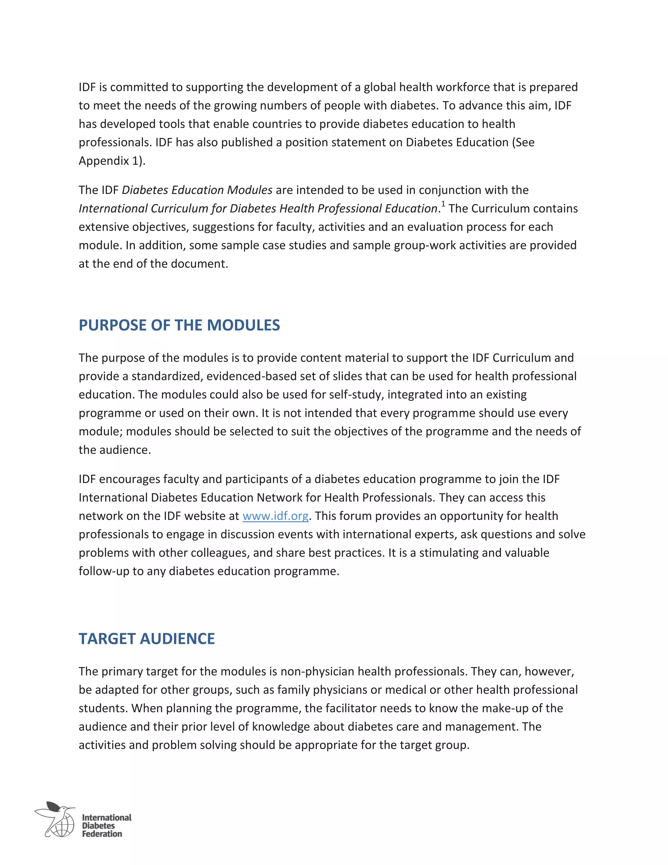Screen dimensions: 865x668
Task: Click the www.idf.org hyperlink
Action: (275, 516)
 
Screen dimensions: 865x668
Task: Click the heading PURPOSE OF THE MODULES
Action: (179, 325)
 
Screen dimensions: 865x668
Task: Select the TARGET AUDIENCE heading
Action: (146, 639)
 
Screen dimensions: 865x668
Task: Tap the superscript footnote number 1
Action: (443, 204)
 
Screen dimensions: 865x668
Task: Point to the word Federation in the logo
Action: (102, 834)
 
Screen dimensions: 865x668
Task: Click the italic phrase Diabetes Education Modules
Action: (197, 190)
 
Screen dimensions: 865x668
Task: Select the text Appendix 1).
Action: (112, 161)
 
